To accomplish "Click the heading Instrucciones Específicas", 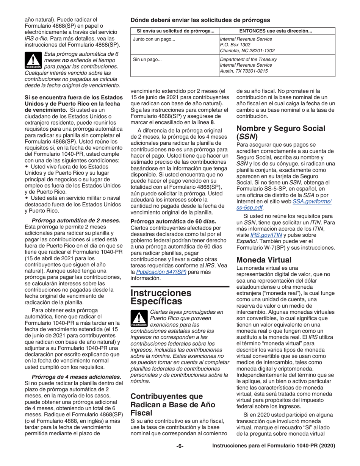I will (161, 297).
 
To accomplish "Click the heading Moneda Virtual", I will (264, 260).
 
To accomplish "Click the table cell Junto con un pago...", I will (154, 39).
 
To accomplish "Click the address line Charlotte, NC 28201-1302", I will (247, 50).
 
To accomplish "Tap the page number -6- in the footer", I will (180, 446).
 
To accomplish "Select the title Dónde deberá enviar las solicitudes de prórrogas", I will (200, 20).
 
